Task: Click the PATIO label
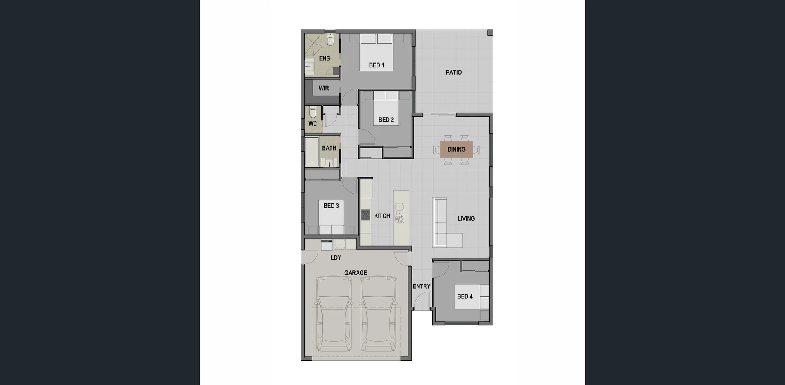coord(453,72)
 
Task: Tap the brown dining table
coord(456,149)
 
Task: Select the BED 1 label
coord(376,65)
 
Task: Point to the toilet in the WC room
coord(313,111)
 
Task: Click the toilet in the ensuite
coord(331,40)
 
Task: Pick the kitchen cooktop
coord(365,215)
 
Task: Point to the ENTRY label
coord(422,286)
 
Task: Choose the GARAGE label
coord(355,273)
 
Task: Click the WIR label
coord(324,88)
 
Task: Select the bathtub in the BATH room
coord(312,151)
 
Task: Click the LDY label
coord(336,258)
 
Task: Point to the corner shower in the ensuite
coord(314,45)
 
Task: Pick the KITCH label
coord(382,216)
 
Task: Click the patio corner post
coord(490,33)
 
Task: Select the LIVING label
coord(466,219)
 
